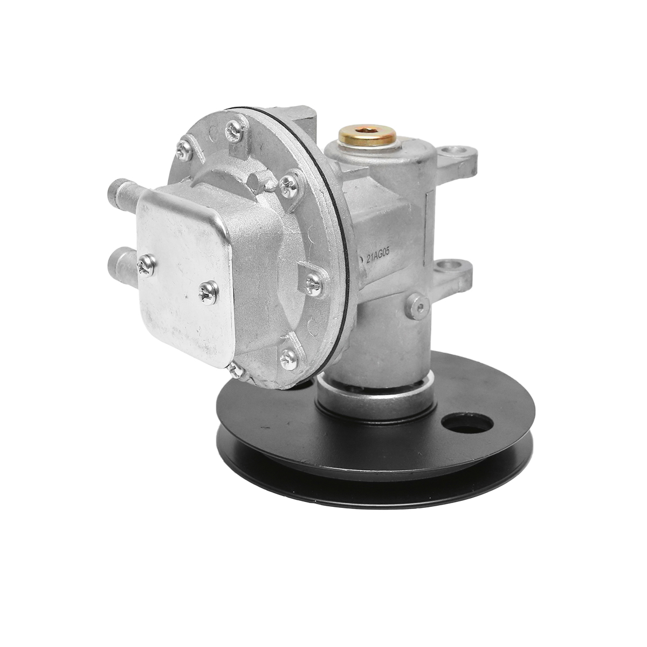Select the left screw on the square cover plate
click(x=147, y=265)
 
